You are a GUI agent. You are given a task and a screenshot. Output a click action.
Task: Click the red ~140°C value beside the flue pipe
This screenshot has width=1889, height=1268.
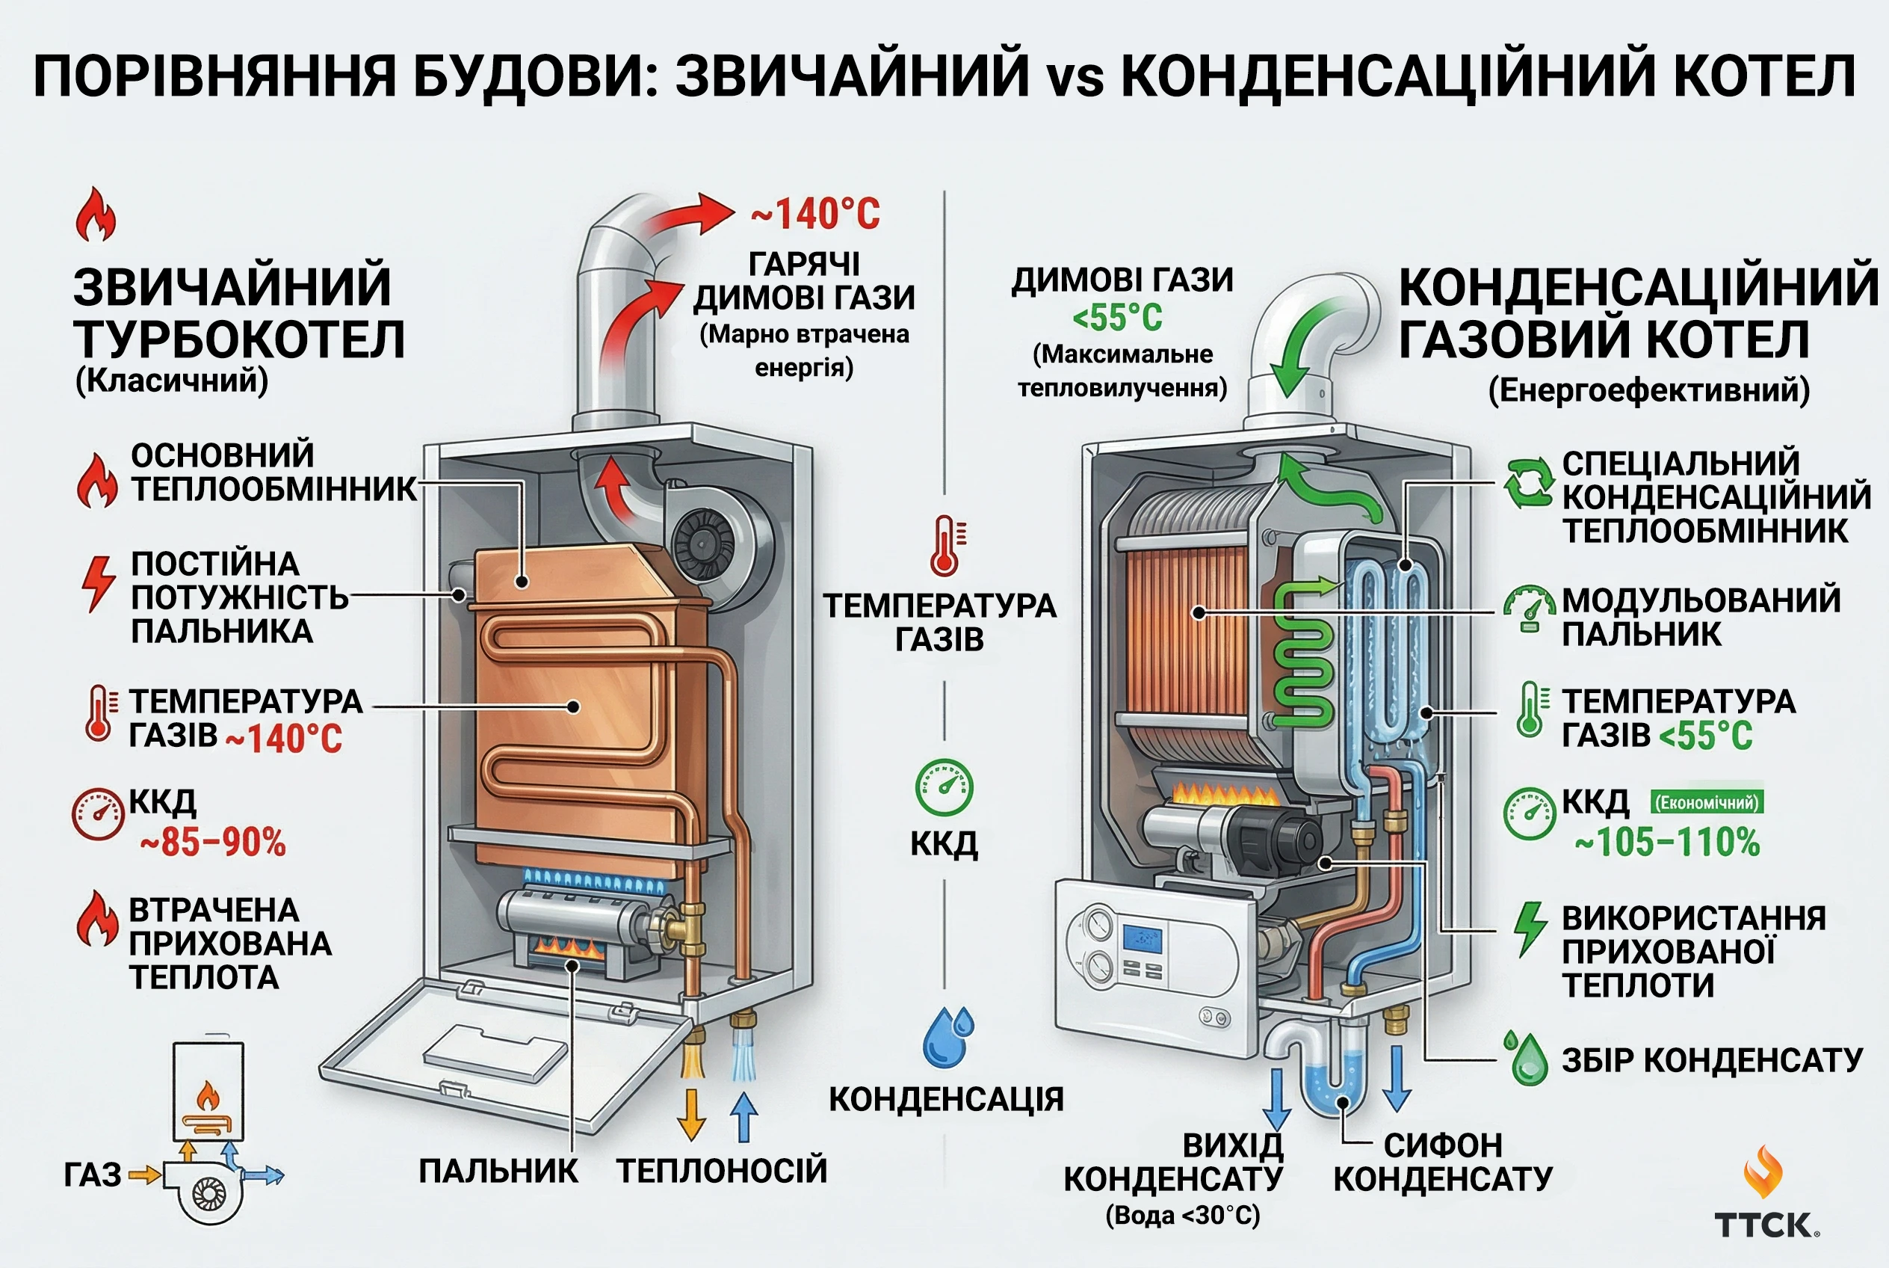pos(814,215)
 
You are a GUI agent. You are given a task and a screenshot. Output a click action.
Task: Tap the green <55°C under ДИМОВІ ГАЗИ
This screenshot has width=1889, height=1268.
pos(1117,317)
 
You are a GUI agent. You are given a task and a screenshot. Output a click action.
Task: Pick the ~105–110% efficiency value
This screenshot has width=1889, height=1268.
pos(1668,842)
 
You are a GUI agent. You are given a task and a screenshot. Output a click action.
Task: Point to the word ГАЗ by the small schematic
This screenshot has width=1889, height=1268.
pos(92,1175)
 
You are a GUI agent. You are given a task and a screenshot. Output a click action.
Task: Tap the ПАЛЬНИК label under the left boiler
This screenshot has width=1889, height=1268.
pos(498,1171)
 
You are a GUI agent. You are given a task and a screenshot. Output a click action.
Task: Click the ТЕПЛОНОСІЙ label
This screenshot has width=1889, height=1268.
pos(722,1171)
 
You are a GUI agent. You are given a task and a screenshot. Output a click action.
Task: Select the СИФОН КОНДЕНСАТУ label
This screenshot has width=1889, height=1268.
pos(1443,1162)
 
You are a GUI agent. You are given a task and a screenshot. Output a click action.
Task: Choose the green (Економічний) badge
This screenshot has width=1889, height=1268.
pos(1707,802)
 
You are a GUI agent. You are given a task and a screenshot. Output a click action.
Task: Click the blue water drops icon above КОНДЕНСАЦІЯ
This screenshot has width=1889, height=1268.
pos(948,1037)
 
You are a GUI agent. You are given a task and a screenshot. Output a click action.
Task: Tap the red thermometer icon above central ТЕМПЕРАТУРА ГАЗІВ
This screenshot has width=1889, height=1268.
pos(946,547)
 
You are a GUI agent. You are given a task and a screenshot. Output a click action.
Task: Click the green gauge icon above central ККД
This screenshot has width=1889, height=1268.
pos(943,787)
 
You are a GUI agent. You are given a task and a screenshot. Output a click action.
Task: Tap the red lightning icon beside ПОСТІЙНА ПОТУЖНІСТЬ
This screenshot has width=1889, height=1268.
pos(98,583)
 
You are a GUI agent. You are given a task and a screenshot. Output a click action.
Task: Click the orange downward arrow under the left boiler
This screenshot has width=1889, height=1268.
pos(691,1114)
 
